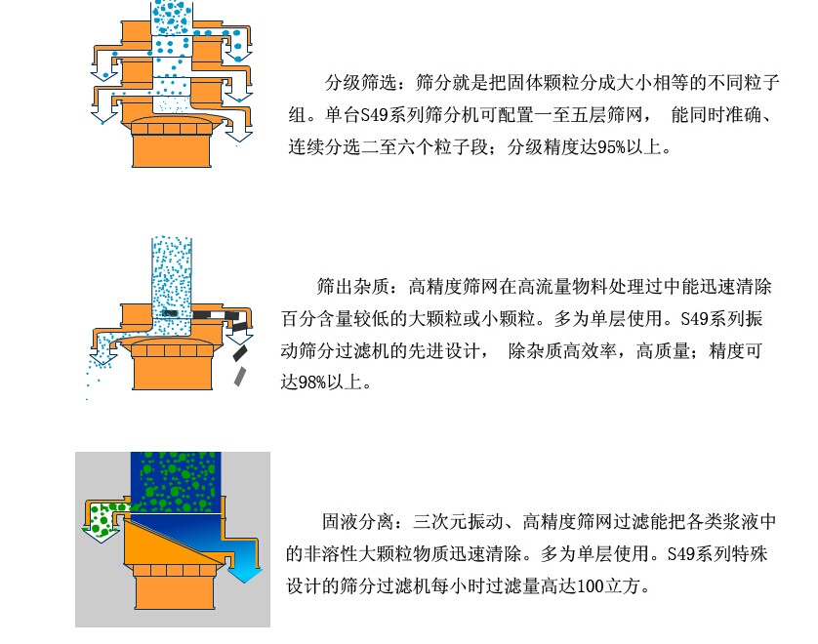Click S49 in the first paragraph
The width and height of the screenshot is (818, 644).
374,115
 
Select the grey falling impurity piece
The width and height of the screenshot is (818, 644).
240,377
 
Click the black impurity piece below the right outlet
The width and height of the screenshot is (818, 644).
239,353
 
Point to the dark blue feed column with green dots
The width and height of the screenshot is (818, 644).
176,482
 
